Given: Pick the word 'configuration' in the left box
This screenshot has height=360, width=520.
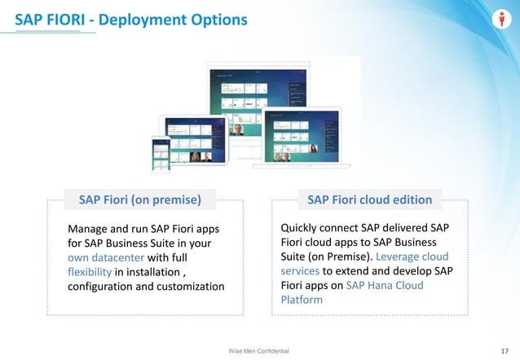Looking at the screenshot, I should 104,286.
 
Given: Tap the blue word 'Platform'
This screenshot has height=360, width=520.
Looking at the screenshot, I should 302,300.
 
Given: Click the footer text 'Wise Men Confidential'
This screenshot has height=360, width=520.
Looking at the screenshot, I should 259,349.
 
